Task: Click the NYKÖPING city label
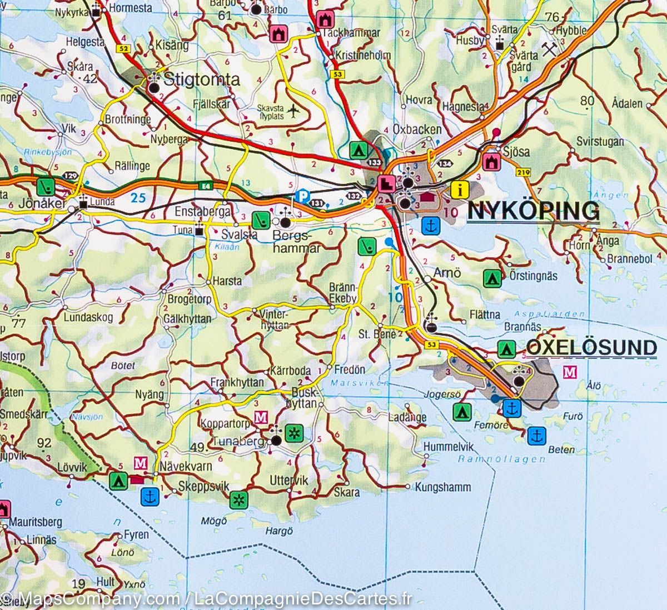pos(533,212)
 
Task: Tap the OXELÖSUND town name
pos(591,348)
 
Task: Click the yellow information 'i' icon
pos(459,189)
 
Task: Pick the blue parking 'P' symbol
pos(301,195)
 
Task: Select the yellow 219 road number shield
pos(522,174)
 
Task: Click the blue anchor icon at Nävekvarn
pos(149,496)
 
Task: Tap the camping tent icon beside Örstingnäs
pos(490,276)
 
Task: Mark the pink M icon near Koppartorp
pos(260,416)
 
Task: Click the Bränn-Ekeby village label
pos(343,293)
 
